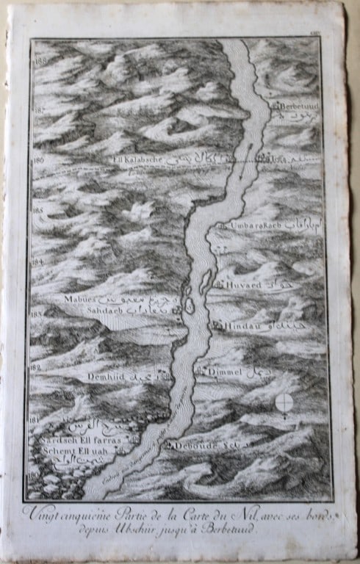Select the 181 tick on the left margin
33,419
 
